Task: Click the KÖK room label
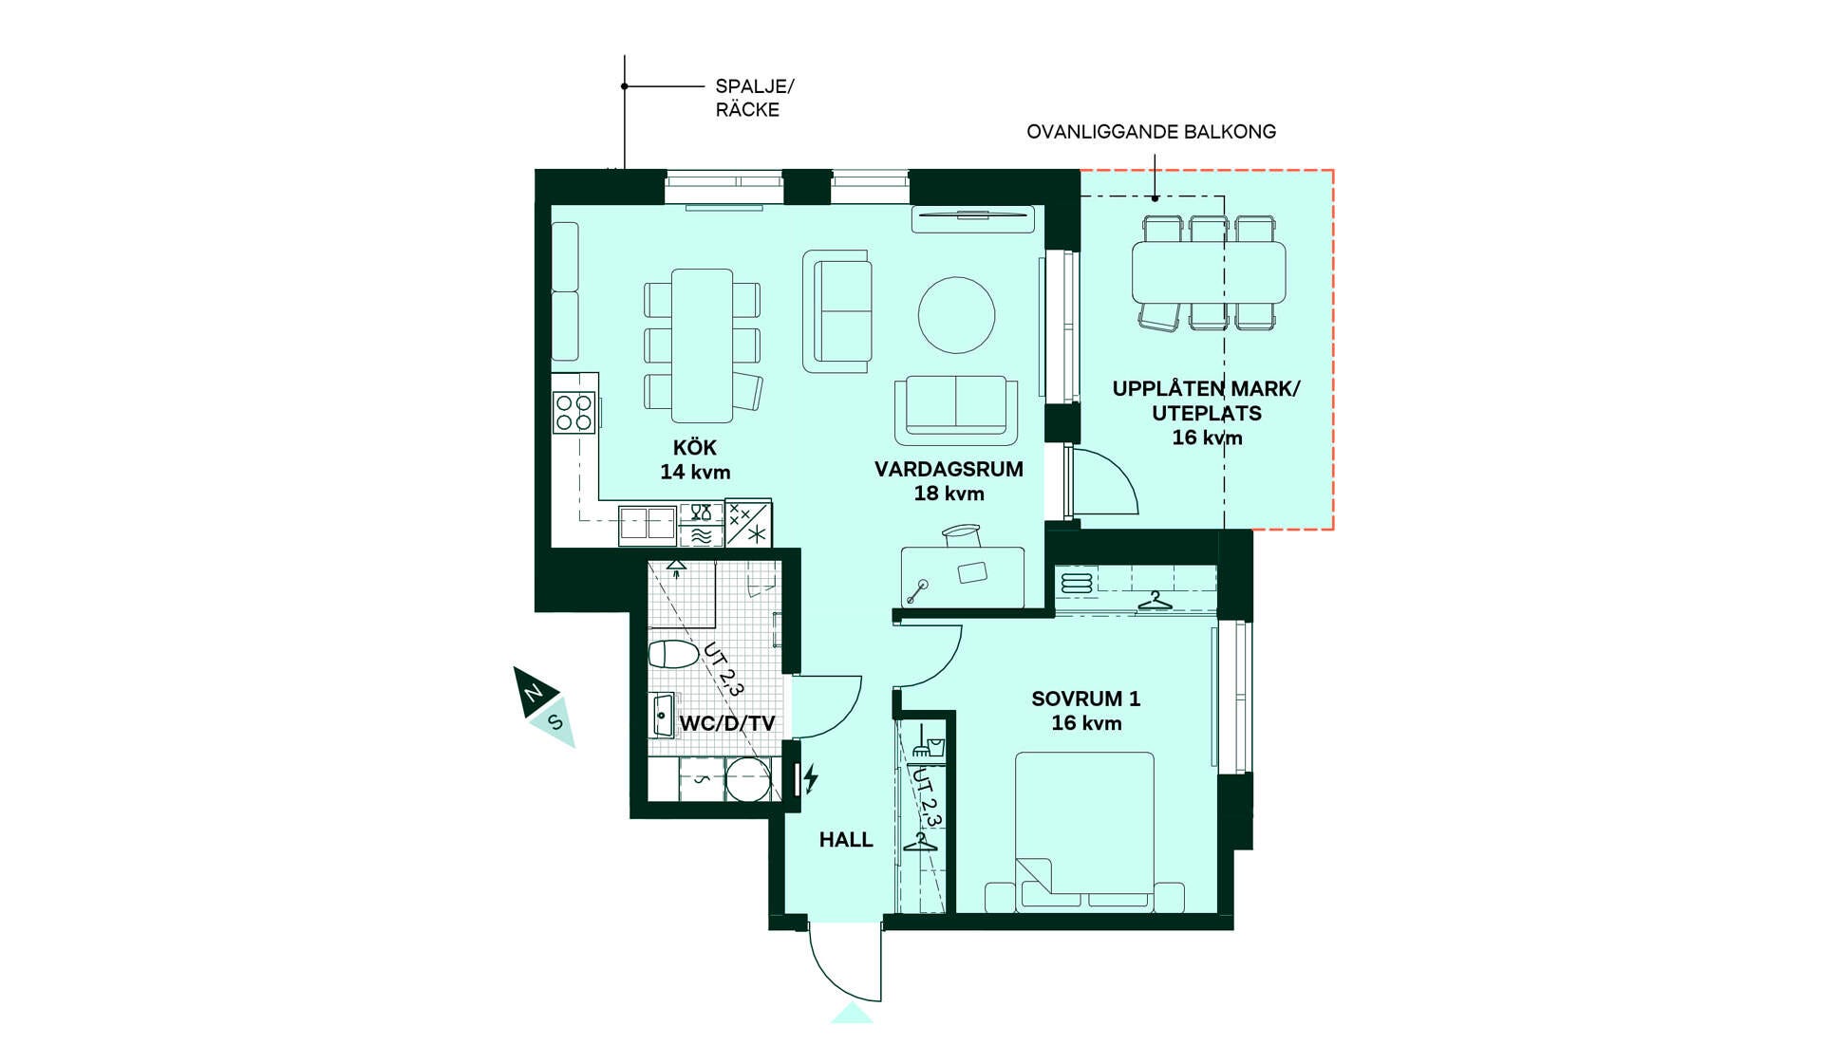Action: pyautogui.click(x=695, y=447)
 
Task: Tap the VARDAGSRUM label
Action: pyautogui.click(x=949, y=469)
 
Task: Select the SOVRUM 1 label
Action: pyautogui.click(x=1086, y=699)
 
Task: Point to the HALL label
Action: pyautogui.click(x=846, y=840)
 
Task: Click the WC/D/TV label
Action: pyautogui.click(x=727, y=723)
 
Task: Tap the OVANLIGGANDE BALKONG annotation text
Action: pyautogui.click(x=1151, y=132)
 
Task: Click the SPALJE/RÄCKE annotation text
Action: pyautogui.click(x=755, y=98)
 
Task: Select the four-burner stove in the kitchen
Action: pyautogui.click(x=574, y=413)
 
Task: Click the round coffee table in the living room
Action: pyautogui.click(x=956, y=315)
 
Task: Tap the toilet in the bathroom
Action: pyautogui.click(x=673, y=654)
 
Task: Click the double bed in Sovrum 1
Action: pyautogui.click(x=1084, y=832)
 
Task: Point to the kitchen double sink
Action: pyautogui.click(x=647, y=525)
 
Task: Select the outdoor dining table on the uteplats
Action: pyautogui.click(x=1209, y=272)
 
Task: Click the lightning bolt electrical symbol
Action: pyautogui.click(x=811, y=779)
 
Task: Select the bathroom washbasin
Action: pyautogui.click(x=662, y=714)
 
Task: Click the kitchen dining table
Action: pyautogui.click(x=702, y=345)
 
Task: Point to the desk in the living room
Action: pyautogui.click(x=963, y=577)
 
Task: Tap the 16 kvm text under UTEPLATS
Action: pyautogui.click(x=1207, y=438)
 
